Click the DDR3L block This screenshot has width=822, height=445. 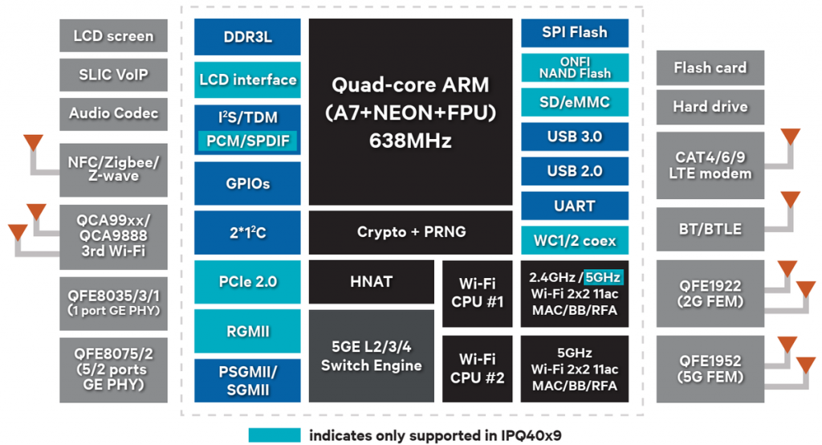click(x=247, y=37)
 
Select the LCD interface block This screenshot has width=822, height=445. click(x=247, y=80)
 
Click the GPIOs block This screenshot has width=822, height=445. click(x=247, y=183)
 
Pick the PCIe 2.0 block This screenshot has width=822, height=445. click(x=247, y=282)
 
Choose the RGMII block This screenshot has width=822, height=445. click(x=247, y=331)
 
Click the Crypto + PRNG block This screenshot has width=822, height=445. click(x=411, y=232)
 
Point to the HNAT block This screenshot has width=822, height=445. click(x=370, y=282)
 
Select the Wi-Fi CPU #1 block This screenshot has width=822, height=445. click(x=477, y=293)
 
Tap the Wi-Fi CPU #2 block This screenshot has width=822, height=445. click(x=477, y=368)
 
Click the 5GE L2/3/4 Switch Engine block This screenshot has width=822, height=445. click(x=370, y=356)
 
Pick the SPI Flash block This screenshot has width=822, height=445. click(x=574, y=33)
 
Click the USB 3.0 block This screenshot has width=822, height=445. click(x=574, y=137)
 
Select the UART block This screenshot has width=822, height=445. click(x=574, y=206)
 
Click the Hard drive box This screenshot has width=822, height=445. click(x=710, y=107)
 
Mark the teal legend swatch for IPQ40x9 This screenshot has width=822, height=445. click(x=275, y=435)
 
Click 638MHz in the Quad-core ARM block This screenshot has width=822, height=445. click(x=410, y=141)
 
